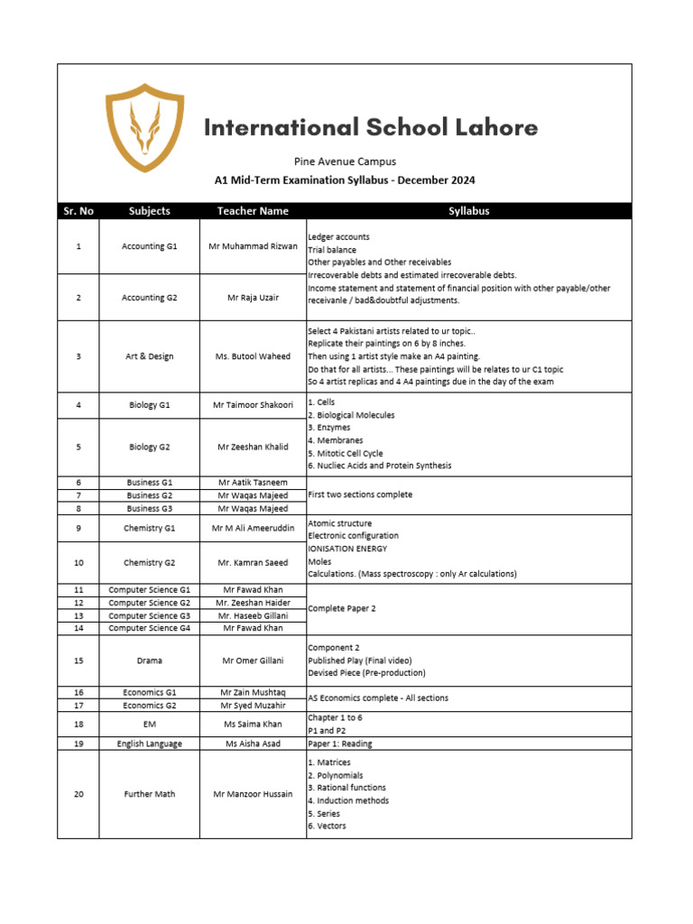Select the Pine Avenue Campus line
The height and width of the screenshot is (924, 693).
click(x=345, y=162)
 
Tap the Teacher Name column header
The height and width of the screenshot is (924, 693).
click(x=253, y=211)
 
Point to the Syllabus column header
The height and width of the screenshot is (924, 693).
click(x=468, y=211)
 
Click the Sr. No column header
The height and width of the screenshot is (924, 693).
click(x=79, y=211)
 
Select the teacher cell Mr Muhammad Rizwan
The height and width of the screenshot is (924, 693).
click(x=253, y=246)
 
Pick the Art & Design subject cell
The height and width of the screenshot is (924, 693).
click(x=149, y=356)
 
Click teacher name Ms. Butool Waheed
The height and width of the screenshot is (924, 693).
click(x=253, y=356)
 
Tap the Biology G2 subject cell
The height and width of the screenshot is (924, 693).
click(x=149, y=447)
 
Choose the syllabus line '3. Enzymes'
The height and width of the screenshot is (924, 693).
click(x=328, y=428)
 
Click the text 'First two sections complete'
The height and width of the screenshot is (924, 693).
click(x=360, y=494)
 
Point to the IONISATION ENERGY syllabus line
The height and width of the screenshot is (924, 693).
click(x=347, y=549)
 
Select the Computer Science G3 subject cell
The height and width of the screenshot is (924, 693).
click(x=149, y=615)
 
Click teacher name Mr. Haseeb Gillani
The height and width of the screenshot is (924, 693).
click(x=253, y=615)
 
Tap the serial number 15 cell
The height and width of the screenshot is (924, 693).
click(x=79, y=661)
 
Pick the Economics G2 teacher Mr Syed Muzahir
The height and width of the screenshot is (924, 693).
click(x=253, y=705)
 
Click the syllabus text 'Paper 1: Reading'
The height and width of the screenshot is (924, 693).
click(x=340, y=744)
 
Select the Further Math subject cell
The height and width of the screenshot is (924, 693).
click(x=149, y=794)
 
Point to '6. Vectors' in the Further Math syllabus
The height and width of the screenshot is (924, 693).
click(x=327, y=826)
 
